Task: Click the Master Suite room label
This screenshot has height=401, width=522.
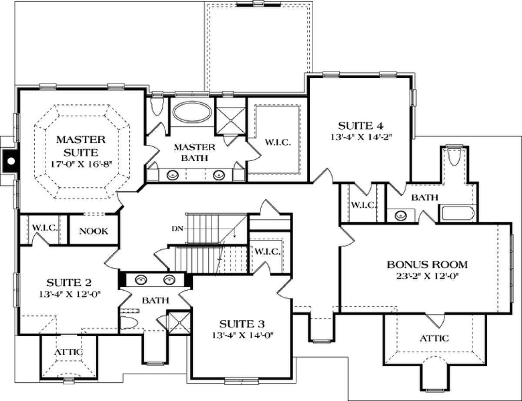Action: [x=81, y=146]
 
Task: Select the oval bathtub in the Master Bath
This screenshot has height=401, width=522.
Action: [x=192, y=112]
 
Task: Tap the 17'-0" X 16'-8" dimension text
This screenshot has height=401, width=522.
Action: [x=81, y=164]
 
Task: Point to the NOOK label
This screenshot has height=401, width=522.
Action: [x=94, y=231]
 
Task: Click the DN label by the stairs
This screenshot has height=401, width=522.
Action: [x=177, y=229]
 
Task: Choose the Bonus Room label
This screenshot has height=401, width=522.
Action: [x=427, y=265]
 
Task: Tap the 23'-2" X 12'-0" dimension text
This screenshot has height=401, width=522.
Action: [x=428, y=276]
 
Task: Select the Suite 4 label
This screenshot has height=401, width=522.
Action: [x=361, y=126]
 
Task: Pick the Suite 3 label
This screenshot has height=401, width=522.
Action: [x=242, y=324]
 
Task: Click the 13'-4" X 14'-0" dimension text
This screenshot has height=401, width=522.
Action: [x=243, y=335]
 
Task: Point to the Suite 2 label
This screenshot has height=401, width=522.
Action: [x=69, y=283]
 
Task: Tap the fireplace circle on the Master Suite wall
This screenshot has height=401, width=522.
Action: [x=11, y=161]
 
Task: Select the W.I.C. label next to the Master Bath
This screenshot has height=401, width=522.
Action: [x=278, y=143]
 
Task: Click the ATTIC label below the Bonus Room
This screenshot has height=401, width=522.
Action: [x=434, y=338]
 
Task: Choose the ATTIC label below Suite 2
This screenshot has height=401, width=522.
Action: [x=69, y=352]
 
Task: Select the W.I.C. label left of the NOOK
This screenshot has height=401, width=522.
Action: [x=45, y=228]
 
